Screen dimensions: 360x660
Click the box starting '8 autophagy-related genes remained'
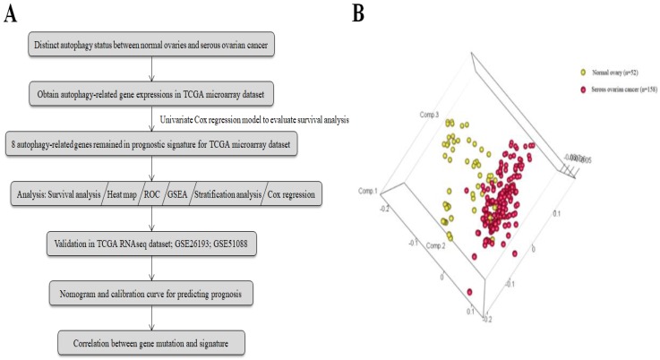coord(163,143)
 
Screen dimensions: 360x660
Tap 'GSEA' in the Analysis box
coord(203,193)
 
